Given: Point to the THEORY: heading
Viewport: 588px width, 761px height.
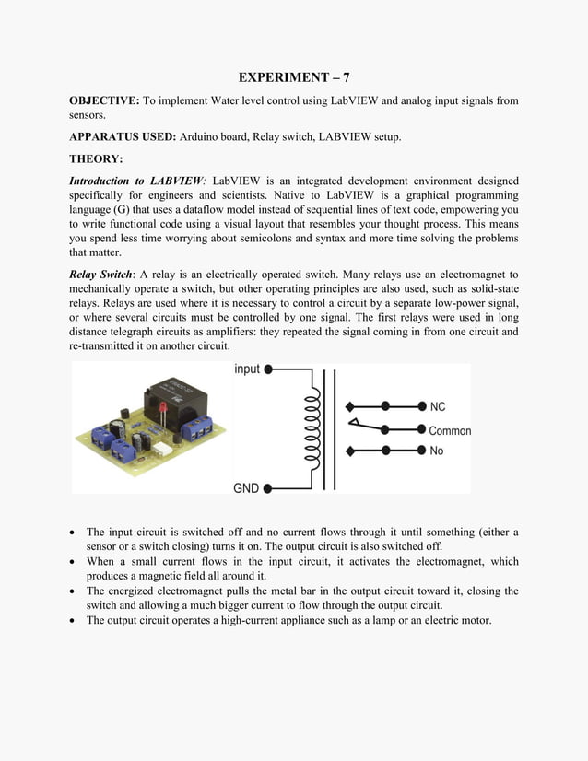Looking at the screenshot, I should (96, 158).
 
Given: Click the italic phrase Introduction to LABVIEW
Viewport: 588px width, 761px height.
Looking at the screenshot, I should (135, 181).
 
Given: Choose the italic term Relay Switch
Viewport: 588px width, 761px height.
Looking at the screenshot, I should (100, 275).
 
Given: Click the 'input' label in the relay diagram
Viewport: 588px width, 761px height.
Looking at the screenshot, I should (247, 369).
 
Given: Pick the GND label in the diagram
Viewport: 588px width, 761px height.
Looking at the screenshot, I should (246, 488).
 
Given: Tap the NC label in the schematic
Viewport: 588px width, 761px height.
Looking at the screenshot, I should (438, 406).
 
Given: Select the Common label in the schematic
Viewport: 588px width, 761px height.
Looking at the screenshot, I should (450, 430).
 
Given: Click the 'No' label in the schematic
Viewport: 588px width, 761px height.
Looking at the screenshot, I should (436, 451).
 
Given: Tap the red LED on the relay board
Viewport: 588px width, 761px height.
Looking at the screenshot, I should (160, 405).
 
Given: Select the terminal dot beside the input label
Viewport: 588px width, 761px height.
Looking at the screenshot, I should (268, 369).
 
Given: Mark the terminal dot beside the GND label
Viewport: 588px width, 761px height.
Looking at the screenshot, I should (268, 488).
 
